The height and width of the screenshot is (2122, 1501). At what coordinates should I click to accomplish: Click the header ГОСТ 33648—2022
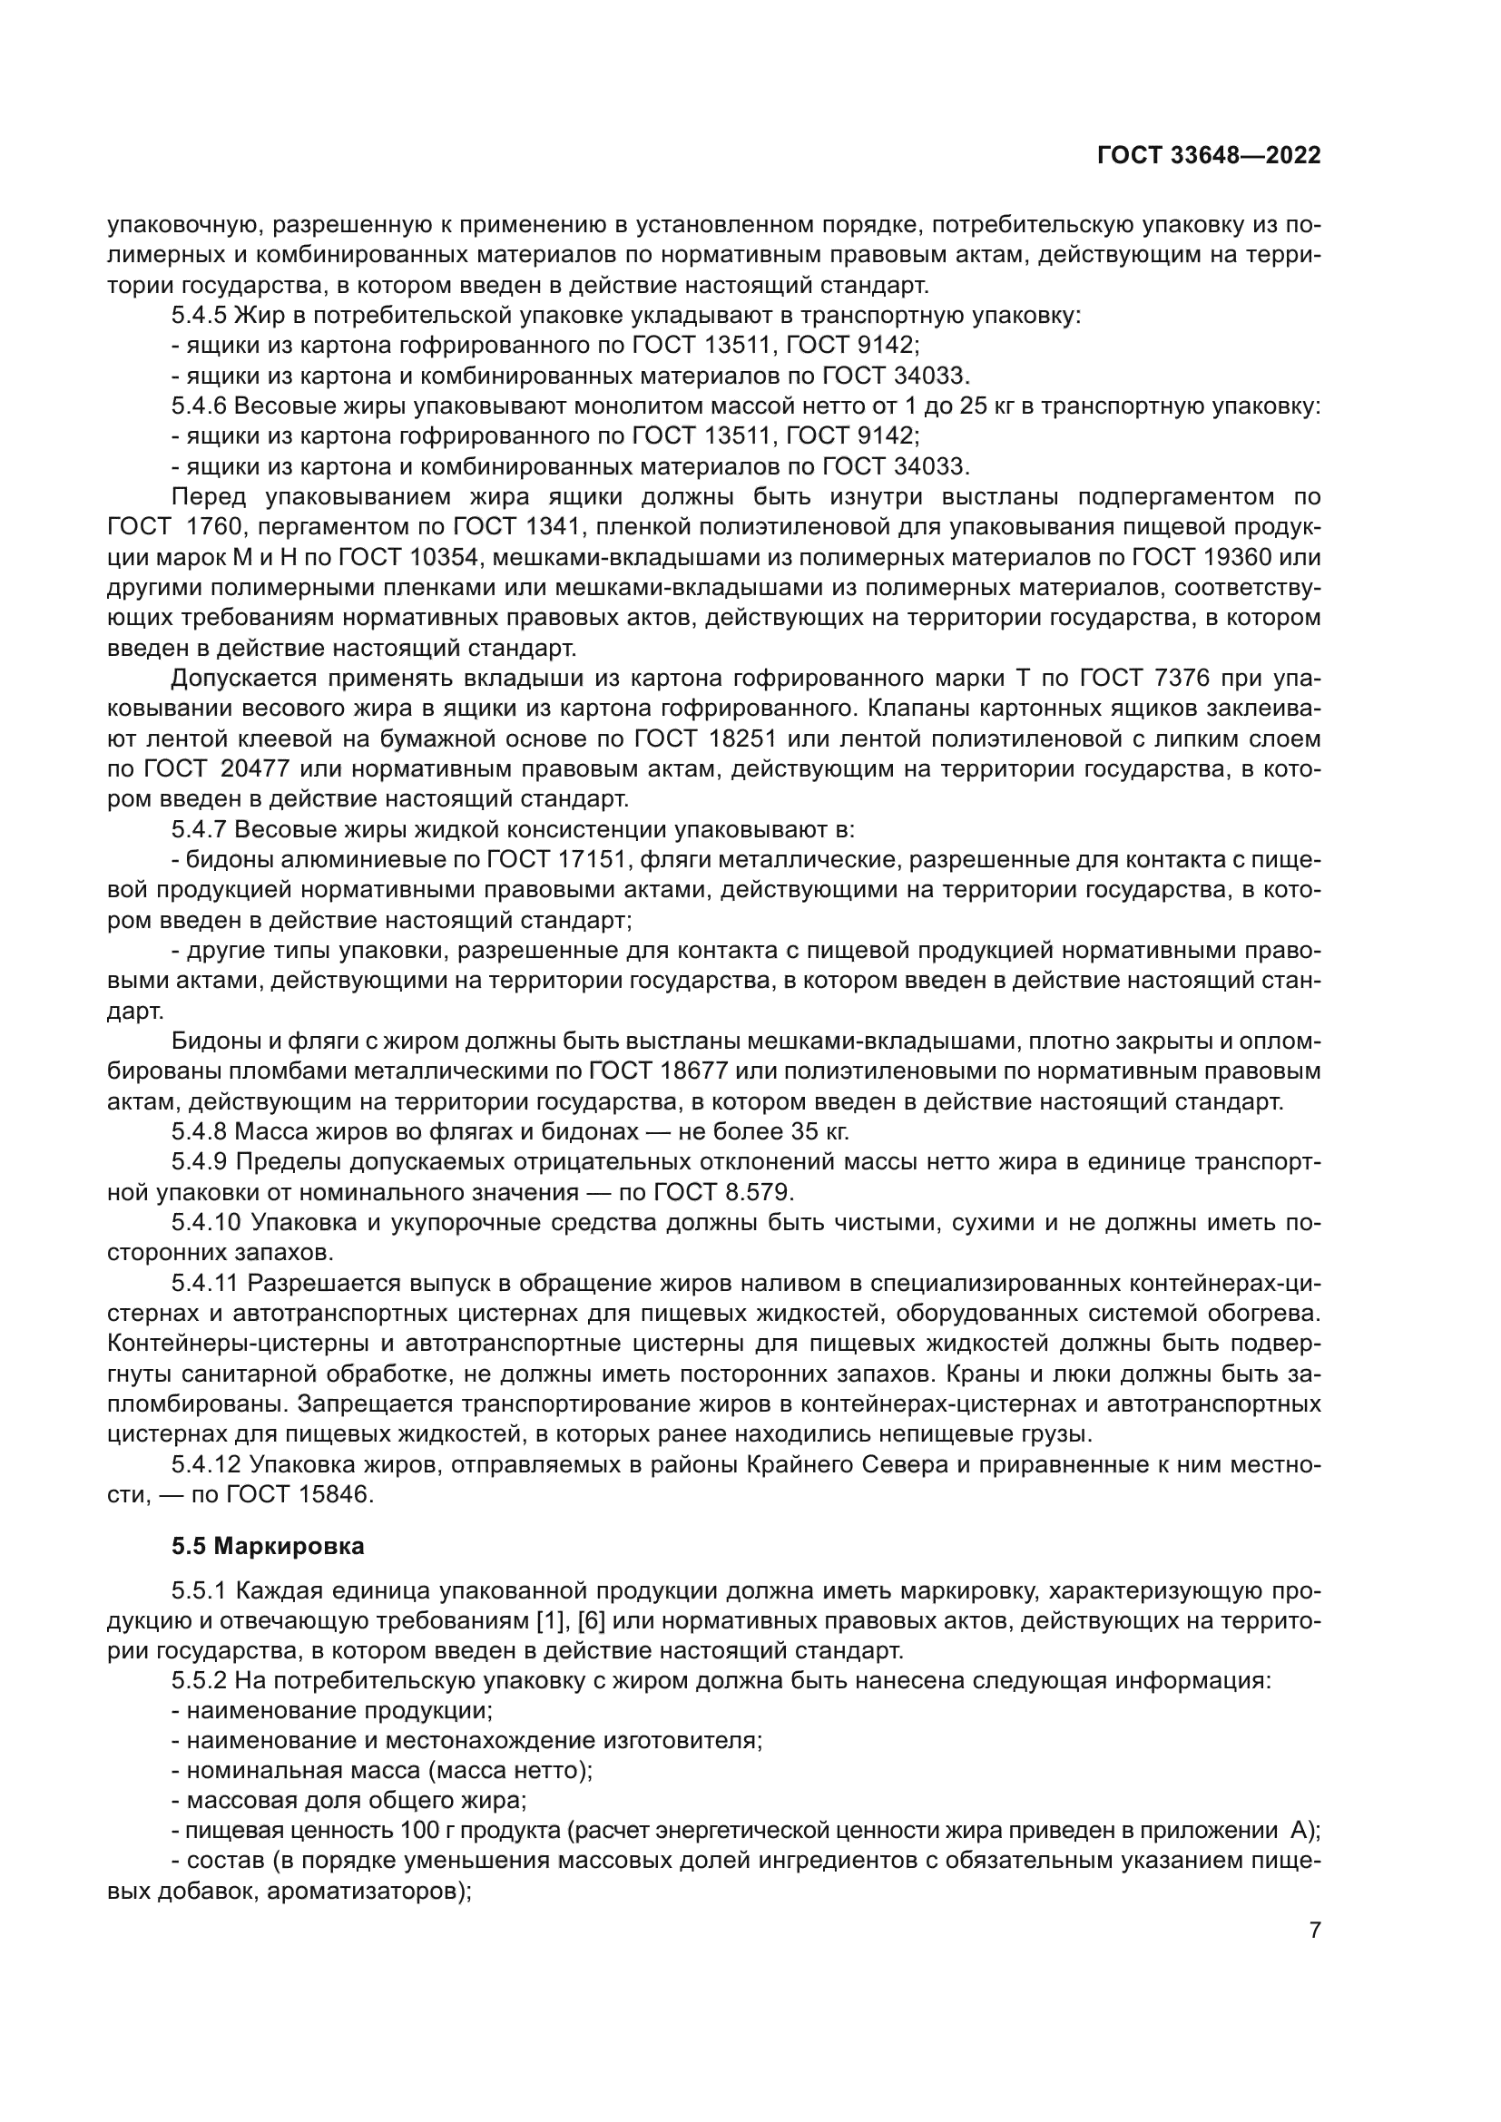pos(1209,155)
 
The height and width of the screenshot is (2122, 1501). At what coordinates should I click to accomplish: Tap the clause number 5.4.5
pos(199,315)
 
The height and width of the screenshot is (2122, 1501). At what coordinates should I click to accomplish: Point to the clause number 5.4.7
pos(199,829)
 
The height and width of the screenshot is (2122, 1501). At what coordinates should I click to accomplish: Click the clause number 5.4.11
pos(205,1283)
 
